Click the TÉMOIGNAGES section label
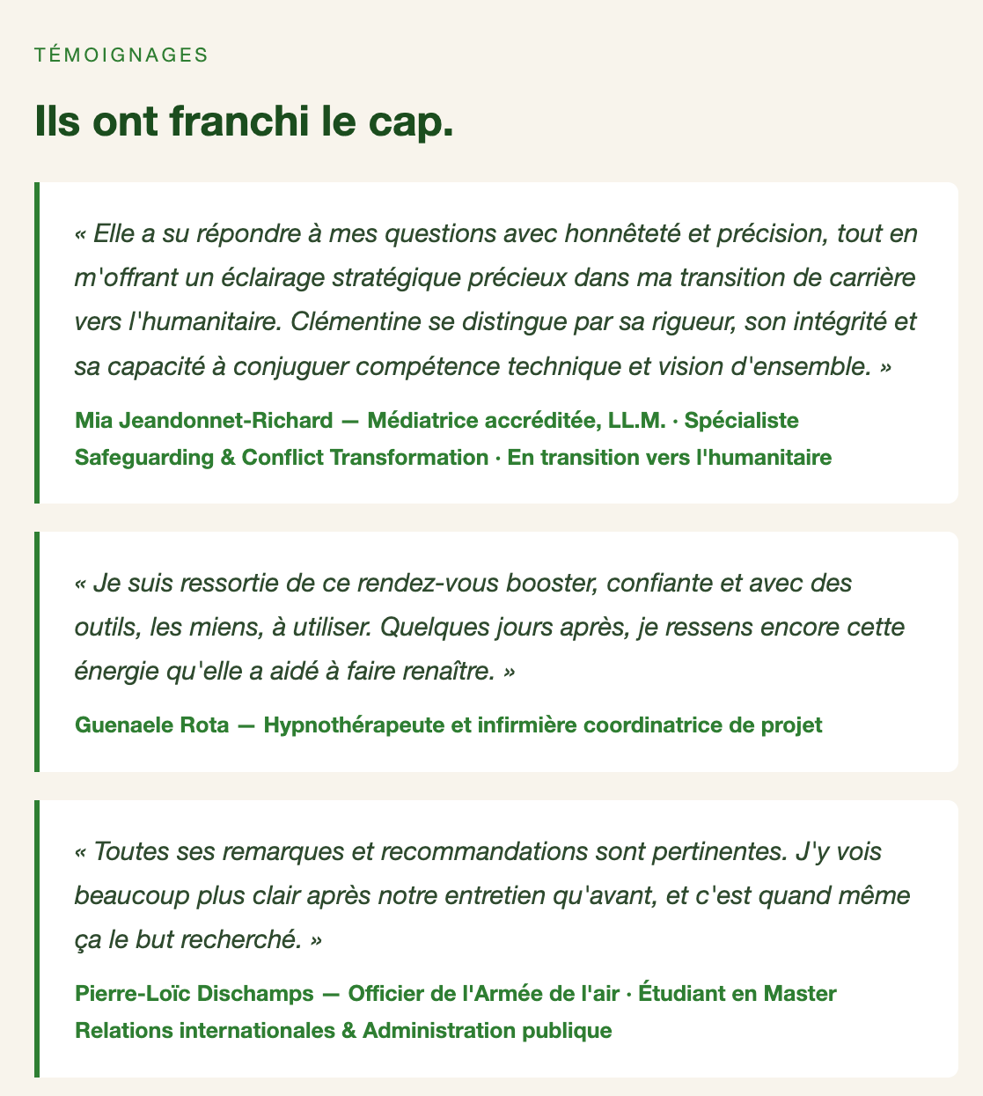pyautogui.click(x=121, y=55)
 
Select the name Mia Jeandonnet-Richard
pyautogui.click(x=204, y=420)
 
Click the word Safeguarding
pyautogui.click(x=142, y=457)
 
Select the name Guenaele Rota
pyautogui.click(x=152, y=725)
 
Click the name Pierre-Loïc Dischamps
pyautogui.click(x=194, y=993)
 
